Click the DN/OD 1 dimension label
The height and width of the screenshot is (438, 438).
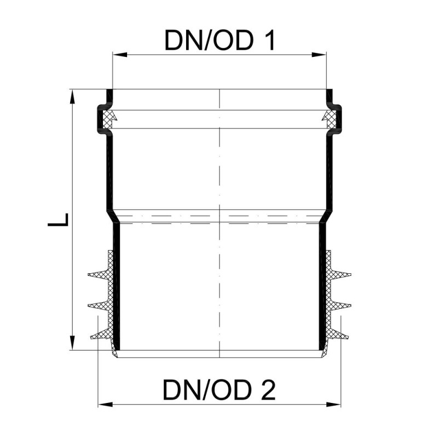(220, 40)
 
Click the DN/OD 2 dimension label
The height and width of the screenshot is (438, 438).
(219, 390)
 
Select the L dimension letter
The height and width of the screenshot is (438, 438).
(58, 220)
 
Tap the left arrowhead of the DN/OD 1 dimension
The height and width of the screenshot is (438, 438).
(119, 54)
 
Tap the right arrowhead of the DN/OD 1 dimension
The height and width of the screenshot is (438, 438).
(319, 54)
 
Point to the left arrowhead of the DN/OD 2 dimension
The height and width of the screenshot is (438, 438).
(105, 404)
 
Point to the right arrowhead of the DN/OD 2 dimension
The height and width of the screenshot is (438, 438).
(333, 404)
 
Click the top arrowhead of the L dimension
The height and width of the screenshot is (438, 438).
(73, 97)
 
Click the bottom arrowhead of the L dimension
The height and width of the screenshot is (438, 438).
(73, 343)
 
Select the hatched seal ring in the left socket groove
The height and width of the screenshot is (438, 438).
(108, 119)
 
